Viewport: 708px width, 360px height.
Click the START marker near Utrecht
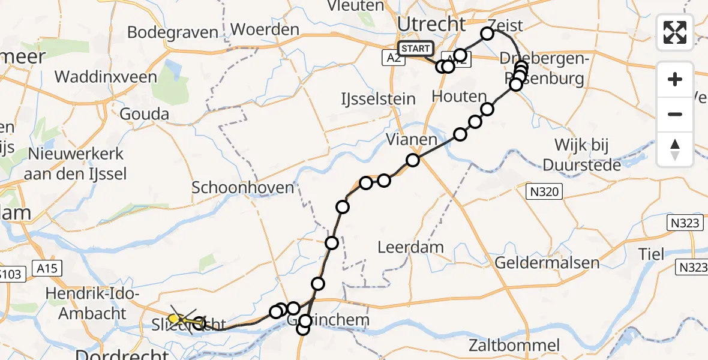pyautogui.click(x=415, y=49)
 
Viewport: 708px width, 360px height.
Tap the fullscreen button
pyautogui.click(x=675, y=32)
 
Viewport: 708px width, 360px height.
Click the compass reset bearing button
pyautogui.click(x=675, y=149)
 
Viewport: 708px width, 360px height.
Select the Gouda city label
pyautogui.click(x=144, y=114)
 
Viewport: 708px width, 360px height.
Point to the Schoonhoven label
pyautogui.click(x=243, y=187)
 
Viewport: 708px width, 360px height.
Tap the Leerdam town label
pyautogui.click(x=411, y=247)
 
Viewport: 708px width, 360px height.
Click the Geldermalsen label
pyautogui.click(x=547, y=262)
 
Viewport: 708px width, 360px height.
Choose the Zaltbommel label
pyautogui.click(x=514, y=345)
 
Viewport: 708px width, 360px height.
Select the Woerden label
pyautogui.click(x=265, y=29)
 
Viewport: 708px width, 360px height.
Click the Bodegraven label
pyautogui.click(x=173, y=32)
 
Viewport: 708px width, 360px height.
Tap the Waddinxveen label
pyautogui.click(x=106, y=77)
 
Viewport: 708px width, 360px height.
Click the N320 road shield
pyautogui.click(x=545, y=192)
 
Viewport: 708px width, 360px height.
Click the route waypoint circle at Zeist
pyautogui.click(x=487, y=34)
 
